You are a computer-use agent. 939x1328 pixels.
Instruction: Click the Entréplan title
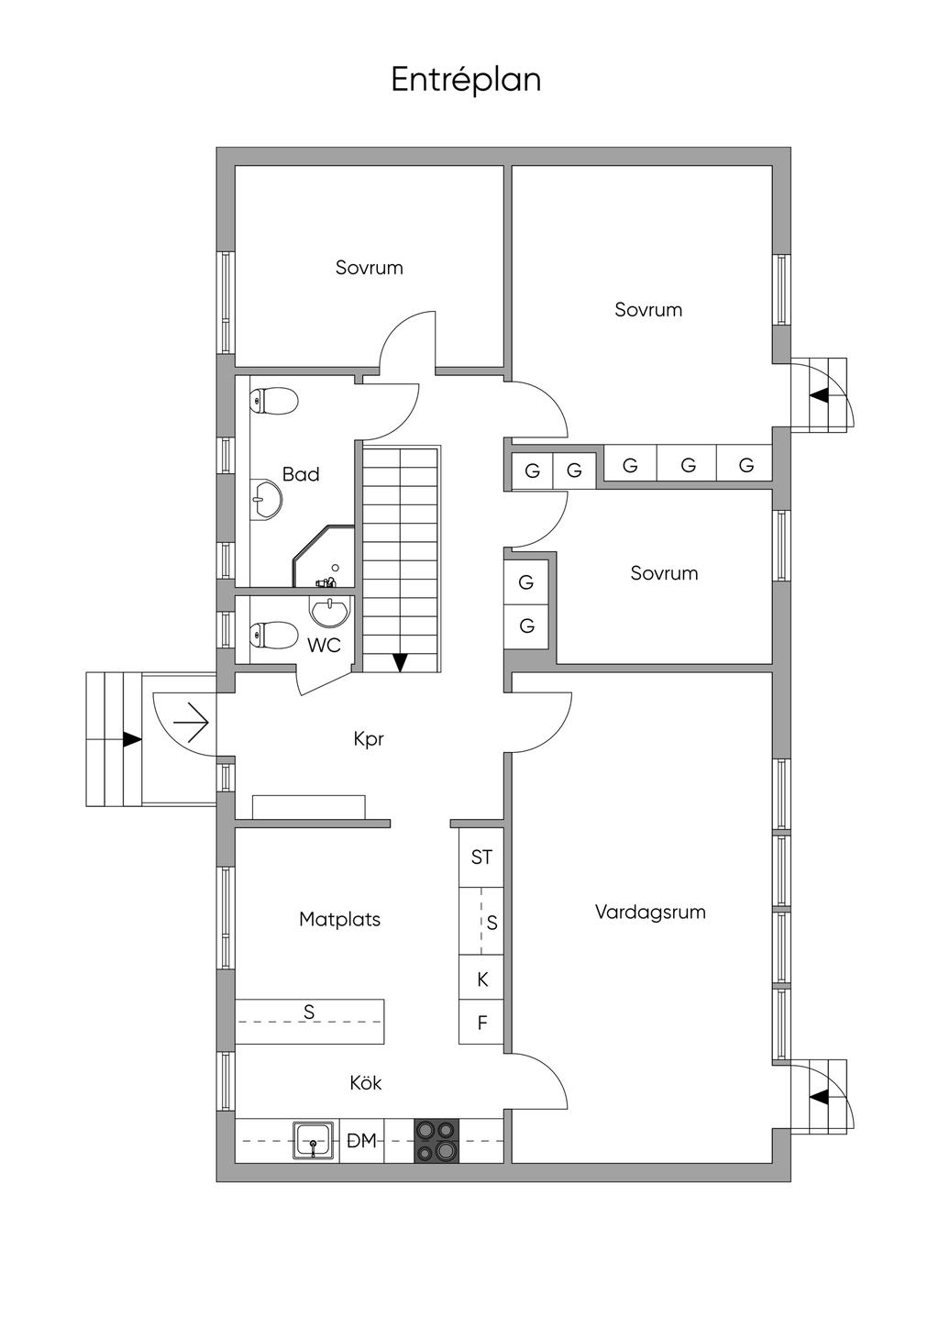(466, 80)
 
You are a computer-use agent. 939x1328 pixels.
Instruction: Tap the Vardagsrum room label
(650, 913)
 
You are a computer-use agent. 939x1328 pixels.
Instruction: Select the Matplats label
(339, 919)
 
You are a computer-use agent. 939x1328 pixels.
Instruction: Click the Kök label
(365, 1083)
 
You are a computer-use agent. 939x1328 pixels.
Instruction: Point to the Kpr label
(369, 739)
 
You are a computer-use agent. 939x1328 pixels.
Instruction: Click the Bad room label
(301, 474)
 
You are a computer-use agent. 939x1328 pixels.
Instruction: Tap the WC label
(324, 646)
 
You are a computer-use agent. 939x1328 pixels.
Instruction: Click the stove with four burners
(436, 1141)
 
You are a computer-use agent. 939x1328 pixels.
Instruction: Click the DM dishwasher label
(362, 1141)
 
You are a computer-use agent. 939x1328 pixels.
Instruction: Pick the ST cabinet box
(481, 858)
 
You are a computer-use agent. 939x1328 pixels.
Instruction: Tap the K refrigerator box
(482, 980)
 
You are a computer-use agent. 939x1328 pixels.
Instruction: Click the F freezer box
(482, 1024)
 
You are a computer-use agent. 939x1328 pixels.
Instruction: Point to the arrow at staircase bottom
(400, 661)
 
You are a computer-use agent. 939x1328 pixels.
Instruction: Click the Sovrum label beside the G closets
(664, 573)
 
